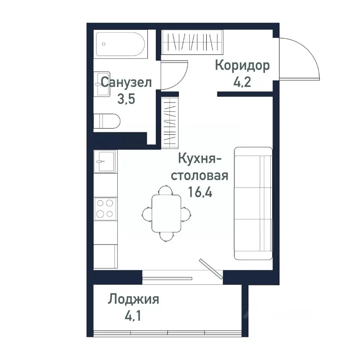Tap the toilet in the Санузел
pos(107,121)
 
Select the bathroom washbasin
pos(102,84)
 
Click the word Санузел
pos(126,82)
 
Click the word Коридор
pos(242,66)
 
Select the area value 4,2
pos(242,82)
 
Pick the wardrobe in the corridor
pos(192,42)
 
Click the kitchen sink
pos(105,161)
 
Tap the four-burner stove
pos(105,208)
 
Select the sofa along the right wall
pos(253,203)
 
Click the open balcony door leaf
pos(211,268)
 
